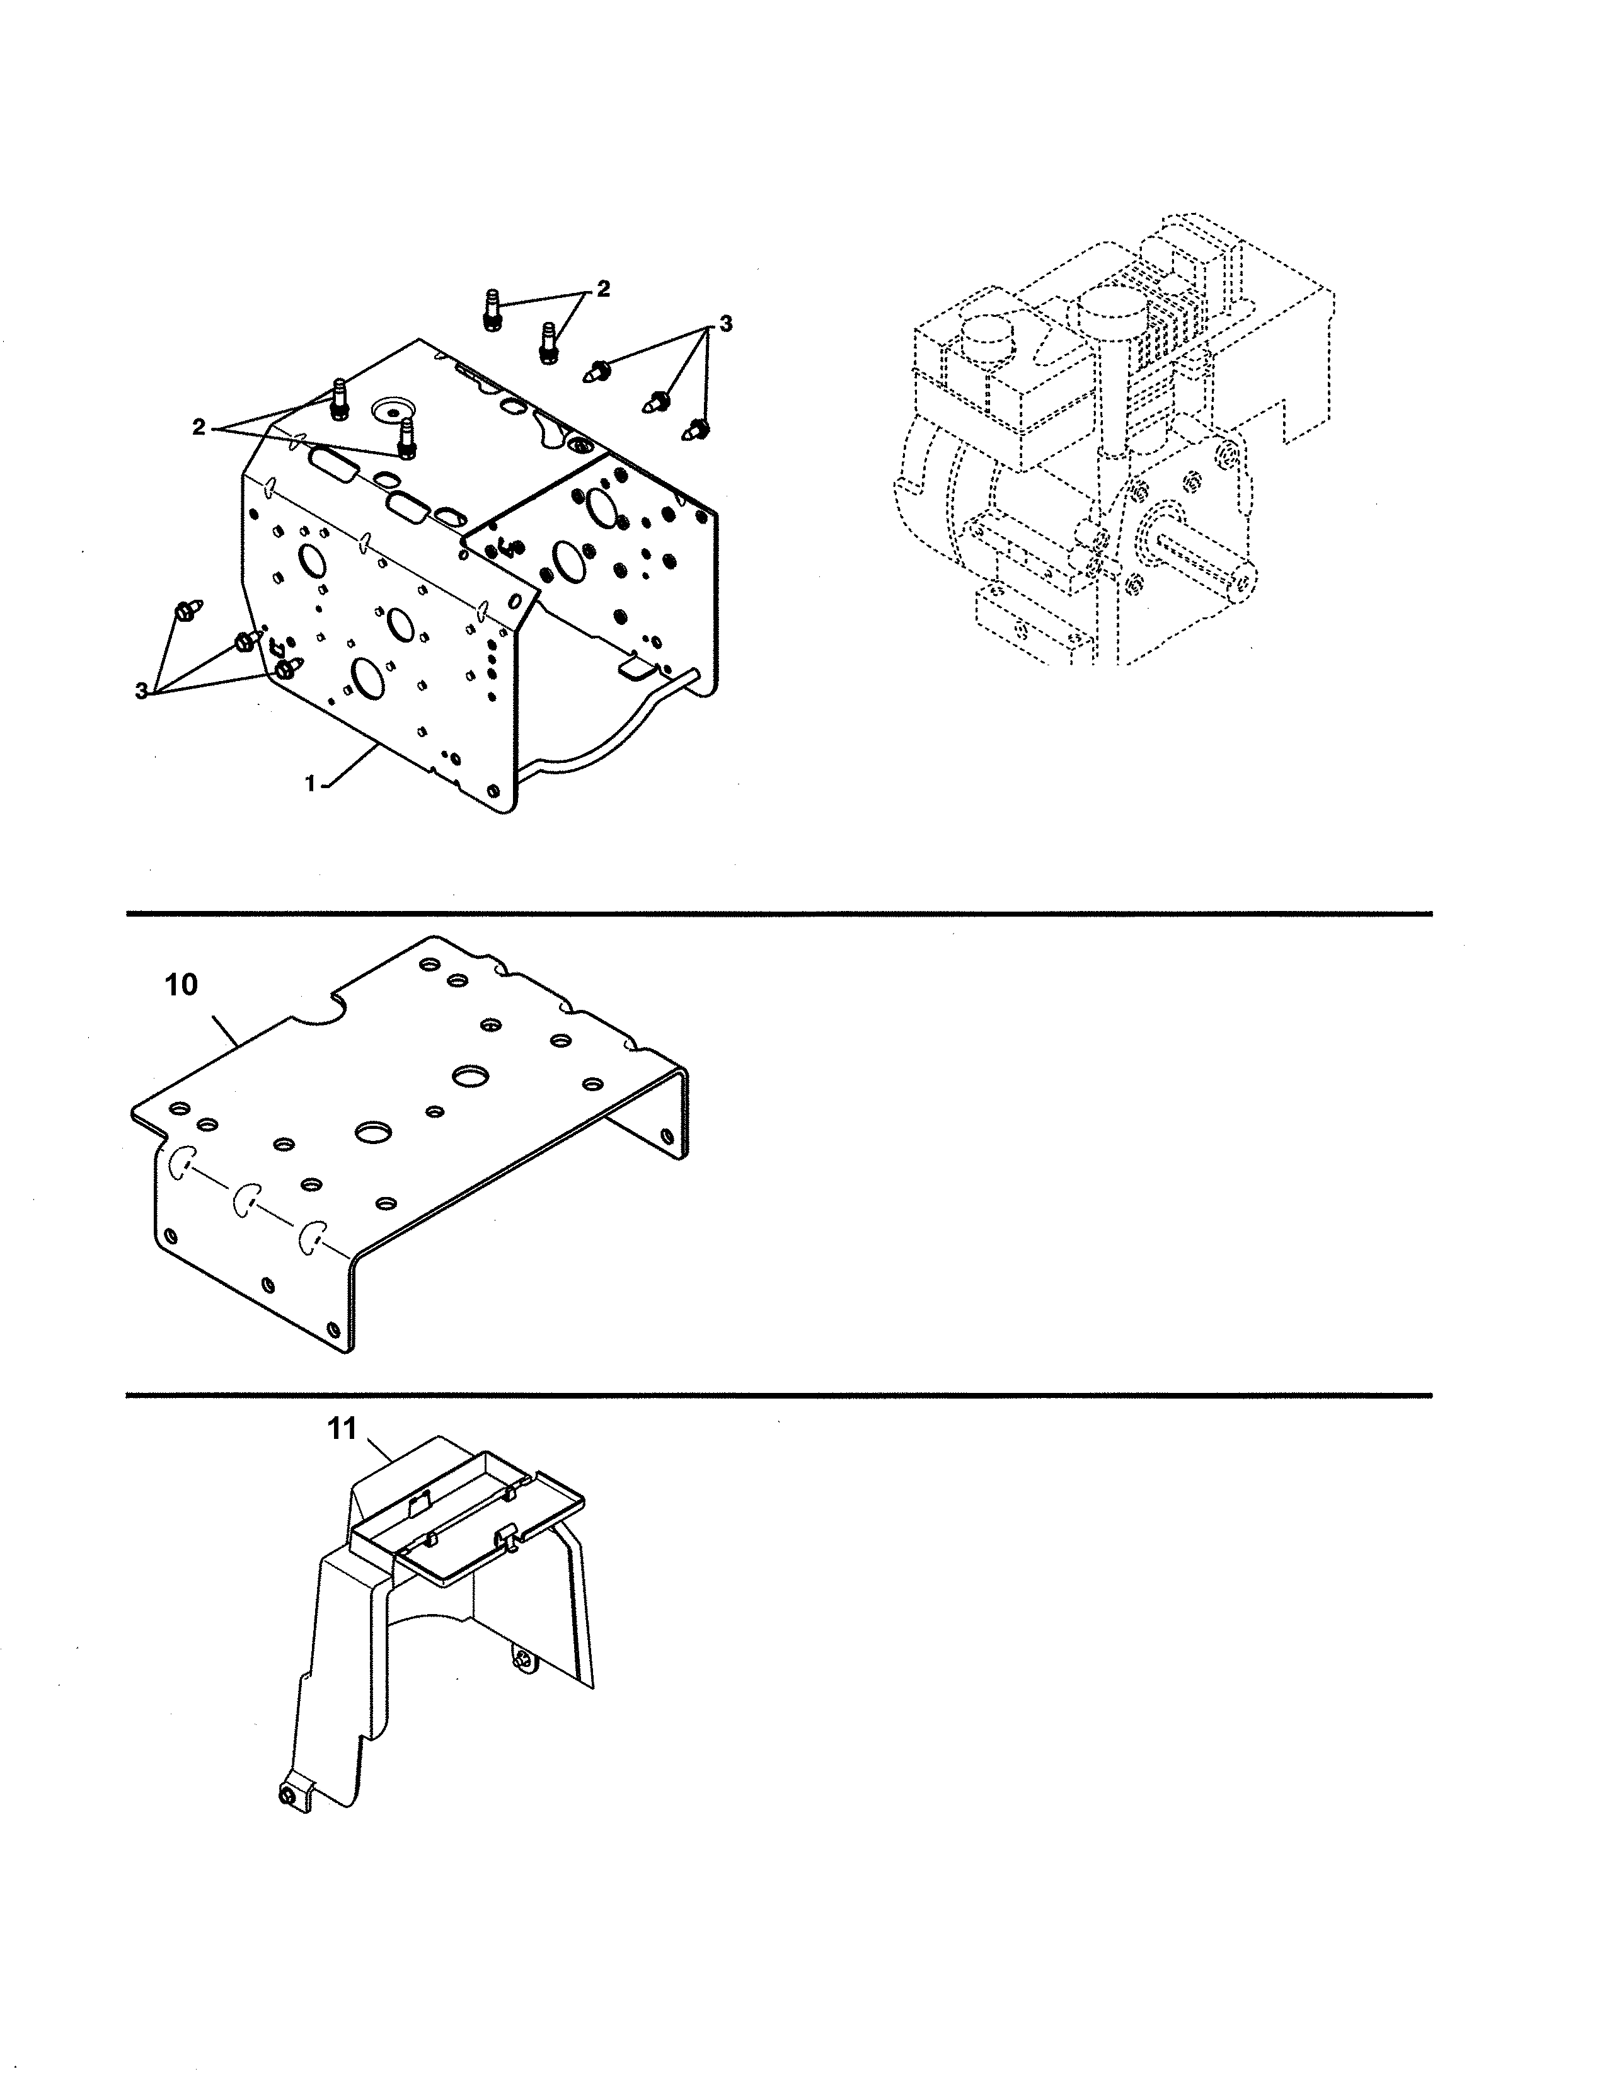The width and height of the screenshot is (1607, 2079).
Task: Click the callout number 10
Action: click(x=181, y=985)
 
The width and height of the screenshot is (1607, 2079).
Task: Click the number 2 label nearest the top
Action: click(x=602, y=289)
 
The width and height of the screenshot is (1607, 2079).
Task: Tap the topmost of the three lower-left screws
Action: click(x=184, y=609)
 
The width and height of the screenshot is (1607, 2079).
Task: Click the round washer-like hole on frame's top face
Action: click(x=389, y=412)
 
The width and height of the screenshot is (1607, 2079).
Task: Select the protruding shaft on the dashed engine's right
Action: click(x=1199, y=561)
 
